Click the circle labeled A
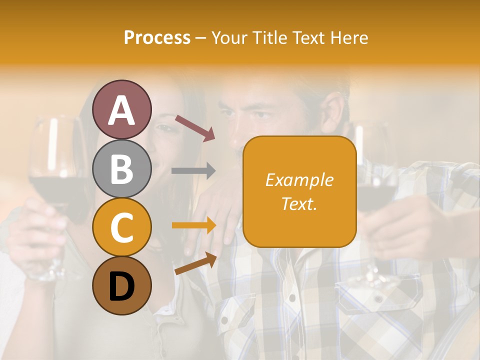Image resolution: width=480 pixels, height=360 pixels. (x=121, y=109)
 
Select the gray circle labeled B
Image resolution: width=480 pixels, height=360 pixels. (x=121, y=168)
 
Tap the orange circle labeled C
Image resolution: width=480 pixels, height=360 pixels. (x=121, y=227)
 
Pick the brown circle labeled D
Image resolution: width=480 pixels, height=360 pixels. (x=121, y=285)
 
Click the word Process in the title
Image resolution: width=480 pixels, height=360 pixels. (x=157, y=37)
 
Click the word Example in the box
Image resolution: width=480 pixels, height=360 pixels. (x=299, y=180)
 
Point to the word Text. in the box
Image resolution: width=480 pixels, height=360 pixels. (x=299, y=204)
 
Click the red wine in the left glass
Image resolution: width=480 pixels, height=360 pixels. (x=50, y=187)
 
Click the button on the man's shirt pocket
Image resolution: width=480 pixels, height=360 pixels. (x=378, y=299)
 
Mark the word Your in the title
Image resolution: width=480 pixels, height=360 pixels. (x=228, y=37)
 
